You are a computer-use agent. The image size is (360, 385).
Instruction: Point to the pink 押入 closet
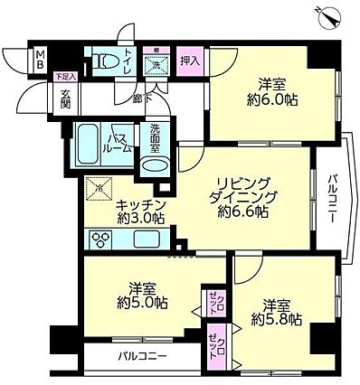click(x=187, y=60)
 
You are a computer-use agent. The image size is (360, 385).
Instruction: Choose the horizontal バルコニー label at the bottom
click(x=142, y=356)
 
